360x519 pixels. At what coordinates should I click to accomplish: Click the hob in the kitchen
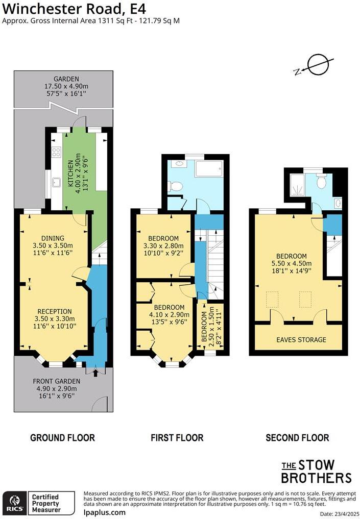coord(56,152)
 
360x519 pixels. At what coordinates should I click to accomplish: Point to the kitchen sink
coord(56,182)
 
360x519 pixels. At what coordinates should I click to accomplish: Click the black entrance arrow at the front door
coord(95,374)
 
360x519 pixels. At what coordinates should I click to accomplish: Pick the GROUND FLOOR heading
coord(62,437)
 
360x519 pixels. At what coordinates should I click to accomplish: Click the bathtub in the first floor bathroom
coord(208,168)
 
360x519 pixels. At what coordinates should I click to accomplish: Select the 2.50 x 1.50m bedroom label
coord(210,330)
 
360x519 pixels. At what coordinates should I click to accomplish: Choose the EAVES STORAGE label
coord(301,339)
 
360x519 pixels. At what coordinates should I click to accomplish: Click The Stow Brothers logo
coord(316,471)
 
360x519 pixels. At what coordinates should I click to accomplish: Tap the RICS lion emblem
coord(14,502)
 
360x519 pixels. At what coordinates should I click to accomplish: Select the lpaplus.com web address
coord(104,512)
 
